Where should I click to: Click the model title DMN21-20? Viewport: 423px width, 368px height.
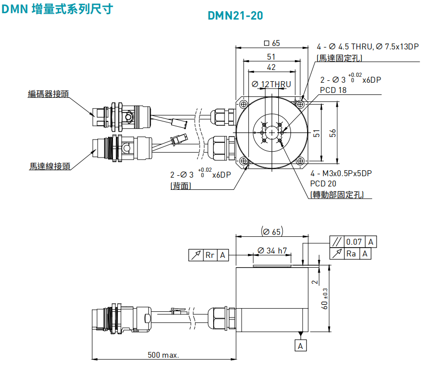coord(235,16)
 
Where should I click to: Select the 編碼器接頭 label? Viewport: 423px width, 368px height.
coord(48,94)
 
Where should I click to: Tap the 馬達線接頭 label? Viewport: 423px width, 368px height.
coord(50,166)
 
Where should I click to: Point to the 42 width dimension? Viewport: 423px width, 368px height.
coord(271,68)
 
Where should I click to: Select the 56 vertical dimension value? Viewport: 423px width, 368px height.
coord(333,133)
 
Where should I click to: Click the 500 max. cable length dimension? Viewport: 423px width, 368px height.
coord(163,355)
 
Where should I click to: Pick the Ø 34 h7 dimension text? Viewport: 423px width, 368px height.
coord(273,251)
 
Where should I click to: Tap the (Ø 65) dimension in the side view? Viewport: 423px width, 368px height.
coord(272,231)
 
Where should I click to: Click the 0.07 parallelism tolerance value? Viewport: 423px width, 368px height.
coord(354,242)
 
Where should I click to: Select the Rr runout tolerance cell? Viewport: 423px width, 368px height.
coord(210,255)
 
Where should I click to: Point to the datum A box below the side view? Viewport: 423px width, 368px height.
coord(301,345)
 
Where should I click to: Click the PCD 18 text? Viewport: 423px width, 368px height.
coord(333,90)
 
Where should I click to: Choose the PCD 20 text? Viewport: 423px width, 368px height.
coord(323,184)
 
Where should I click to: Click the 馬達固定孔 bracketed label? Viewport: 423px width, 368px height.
coord(342,58)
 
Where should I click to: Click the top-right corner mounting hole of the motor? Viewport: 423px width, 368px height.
coord(300,104)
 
